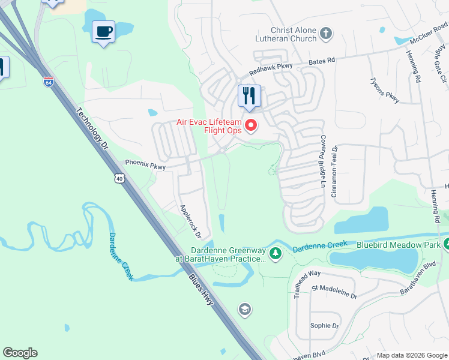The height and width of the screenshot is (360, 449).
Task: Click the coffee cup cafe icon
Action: (104, 31)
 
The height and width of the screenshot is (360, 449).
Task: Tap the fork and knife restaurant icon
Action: (249, 95)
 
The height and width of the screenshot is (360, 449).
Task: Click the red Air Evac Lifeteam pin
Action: (252, 125)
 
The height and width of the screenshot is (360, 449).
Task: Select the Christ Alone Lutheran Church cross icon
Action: (326, 33)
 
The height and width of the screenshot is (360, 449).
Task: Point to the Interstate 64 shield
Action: (49, 81)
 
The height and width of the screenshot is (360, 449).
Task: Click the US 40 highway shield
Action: (121, 178)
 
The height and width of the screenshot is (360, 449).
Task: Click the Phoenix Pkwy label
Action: (144, 163)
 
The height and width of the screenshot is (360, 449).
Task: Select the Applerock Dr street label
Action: (194, 221)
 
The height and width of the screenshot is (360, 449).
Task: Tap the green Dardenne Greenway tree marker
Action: (276, 254)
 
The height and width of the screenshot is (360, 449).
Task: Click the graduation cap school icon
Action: (244, 310)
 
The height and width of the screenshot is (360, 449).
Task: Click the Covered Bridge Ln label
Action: (322, 161)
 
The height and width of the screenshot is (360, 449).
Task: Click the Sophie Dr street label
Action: (324, 325)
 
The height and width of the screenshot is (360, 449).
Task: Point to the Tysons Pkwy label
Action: (384, 90)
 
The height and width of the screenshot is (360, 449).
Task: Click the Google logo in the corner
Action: (20, 353)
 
